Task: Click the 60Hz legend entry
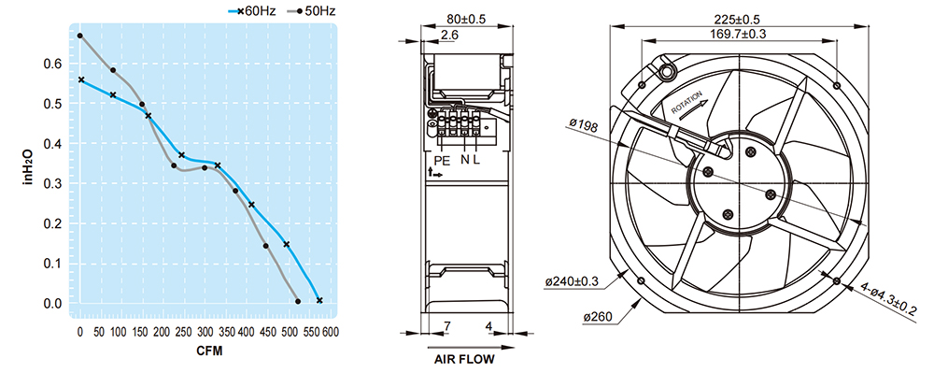coord(252,10)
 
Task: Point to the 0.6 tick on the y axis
coord(53,64)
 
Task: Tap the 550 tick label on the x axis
coord(313,332)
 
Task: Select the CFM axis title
coord(209,351)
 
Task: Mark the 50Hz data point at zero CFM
coord(79,36)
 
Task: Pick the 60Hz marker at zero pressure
coord(319,300)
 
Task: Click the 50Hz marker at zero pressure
coord(298,302)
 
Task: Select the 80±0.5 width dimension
coord(466,19)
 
